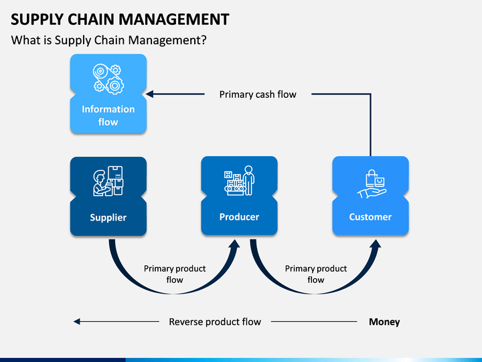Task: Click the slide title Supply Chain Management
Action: pyautogui.click(x=120, y=19)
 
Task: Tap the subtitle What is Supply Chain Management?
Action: pyautogui.click(x=109, y=40)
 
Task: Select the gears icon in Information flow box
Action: pyautogui.click(x=108, y=79)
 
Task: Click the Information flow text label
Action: pyautogui.click(x=108, y=115)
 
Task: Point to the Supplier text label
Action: pyautogui.click(x=108, y=218)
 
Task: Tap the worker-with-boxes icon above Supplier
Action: pyautogui.click(x=108, y=181)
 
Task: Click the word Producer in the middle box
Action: pyautogui.click(x=239, y=217)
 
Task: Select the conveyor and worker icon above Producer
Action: pyautogui.click(x=239, y=181)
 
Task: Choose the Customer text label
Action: pyautogui.click(x=370, y=217)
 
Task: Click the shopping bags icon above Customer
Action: pyautogui.click(x=372, y=184)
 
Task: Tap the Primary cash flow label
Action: pyautogui.click(x=258, y=95)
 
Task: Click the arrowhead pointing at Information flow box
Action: pyautogui.click(x=150, y=94)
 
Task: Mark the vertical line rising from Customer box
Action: pyautogui.click(x=370, y=125)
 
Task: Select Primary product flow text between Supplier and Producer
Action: pyautogui.click(x=175, y=274)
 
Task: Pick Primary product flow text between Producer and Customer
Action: pyautogui.click(x=316, y=274)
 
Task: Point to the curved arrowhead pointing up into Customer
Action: pyautogui.click(x=376, y=245)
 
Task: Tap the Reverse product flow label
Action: pyautogui.click(x=215, y=322)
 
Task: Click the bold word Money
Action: pyautogui.click(x=384, y=322)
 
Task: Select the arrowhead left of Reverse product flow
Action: pyautogui.click(x=77, y=322)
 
